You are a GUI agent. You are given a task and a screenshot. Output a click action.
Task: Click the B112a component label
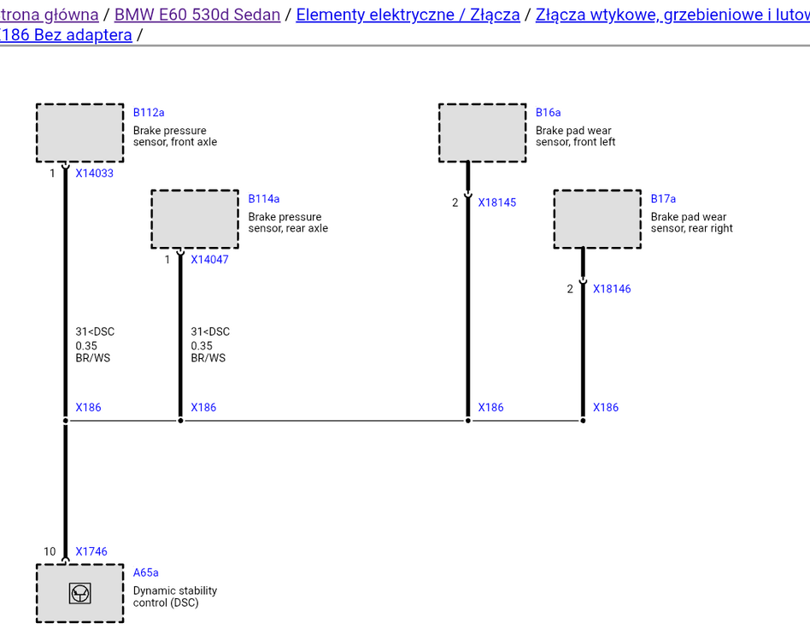149,113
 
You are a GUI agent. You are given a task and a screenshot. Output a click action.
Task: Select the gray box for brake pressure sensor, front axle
80,133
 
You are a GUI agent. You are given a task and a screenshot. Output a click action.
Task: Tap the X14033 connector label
95,173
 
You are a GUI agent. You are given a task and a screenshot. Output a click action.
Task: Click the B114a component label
264,199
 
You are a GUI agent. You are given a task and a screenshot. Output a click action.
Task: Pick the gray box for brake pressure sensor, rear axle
195,220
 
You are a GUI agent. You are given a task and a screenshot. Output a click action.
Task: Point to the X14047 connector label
209,260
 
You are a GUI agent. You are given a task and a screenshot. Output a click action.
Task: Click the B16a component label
548,113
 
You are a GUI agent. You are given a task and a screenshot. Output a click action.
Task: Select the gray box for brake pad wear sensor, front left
483,133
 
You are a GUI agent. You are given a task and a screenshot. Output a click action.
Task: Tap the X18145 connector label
497,203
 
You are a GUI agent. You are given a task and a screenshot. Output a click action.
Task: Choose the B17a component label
663,199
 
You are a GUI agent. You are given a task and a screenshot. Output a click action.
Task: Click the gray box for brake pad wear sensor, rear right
598,220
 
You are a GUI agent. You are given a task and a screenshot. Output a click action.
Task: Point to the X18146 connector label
612,289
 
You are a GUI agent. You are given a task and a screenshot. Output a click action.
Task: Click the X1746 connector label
91,551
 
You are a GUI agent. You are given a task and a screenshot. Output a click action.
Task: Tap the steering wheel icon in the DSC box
80,593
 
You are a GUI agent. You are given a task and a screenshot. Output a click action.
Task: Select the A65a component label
145,573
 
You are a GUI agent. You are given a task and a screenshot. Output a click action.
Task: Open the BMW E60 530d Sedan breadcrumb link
197,15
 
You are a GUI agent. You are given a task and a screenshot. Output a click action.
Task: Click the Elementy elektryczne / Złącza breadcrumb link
408,15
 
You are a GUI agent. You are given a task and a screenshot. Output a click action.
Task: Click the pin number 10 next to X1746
50,551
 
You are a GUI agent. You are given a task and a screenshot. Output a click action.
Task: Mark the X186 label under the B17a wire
606,408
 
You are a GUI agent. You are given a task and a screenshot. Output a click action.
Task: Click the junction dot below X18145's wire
468,421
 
